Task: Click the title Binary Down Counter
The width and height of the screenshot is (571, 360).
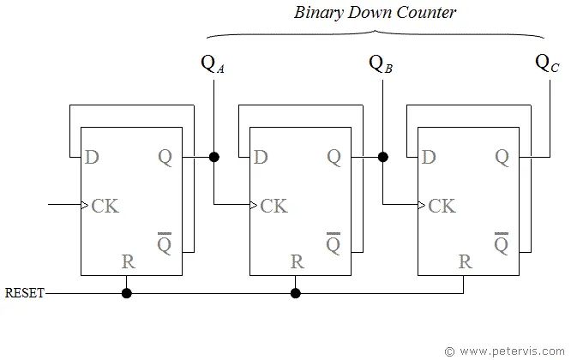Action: tap(375, 13)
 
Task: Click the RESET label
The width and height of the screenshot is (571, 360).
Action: tap(24, 293)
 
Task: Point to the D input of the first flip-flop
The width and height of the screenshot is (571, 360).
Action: tap(92, 157)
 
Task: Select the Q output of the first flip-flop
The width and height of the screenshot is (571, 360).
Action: tap(165, 157)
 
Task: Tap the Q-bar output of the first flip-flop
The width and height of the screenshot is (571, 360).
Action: tap(165, 244)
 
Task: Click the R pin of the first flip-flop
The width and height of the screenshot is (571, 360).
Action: tap(128, 262)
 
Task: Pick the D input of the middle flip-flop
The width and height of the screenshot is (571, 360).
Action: tap(261, 157)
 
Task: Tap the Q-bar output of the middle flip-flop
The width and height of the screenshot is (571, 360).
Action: tap(334, 244)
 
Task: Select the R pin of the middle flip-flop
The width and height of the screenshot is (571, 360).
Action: tap(297, 262)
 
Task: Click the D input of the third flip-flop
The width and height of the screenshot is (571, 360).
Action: tap(429, 157)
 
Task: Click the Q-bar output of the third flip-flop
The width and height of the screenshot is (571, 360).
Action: tap(502, 244)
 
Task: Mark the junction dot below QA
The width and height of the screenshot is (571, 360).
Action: tap(213, 157)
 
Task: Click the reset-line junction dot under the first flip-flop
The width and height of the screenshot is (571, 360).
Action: tap(127, 293)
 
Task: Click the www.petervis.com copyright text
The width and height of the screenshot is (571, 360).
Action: tap(506, 351)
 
